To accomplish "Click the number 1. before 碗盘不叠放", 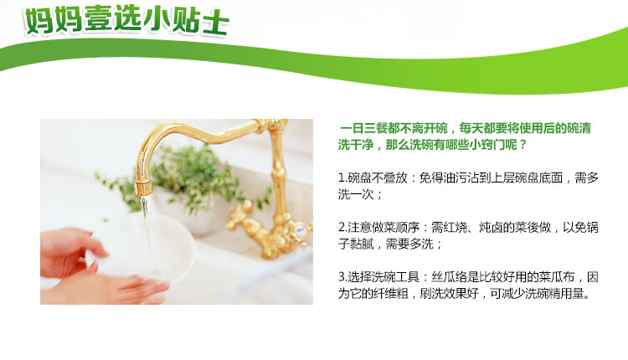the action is tap(342, 177).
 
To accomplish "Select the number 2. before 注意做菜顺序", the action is tap(342, 228).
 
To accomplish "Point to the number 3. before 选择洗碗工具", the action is tap(342, 277).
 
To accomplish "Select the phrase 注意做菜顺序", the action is tap(383, 228).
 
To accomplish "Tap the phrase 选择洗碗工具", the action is tap(383, 277).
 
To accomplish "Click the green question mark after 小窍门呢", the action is tap(522, 145).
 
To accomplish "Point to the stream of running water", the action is tap(147, 229).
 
